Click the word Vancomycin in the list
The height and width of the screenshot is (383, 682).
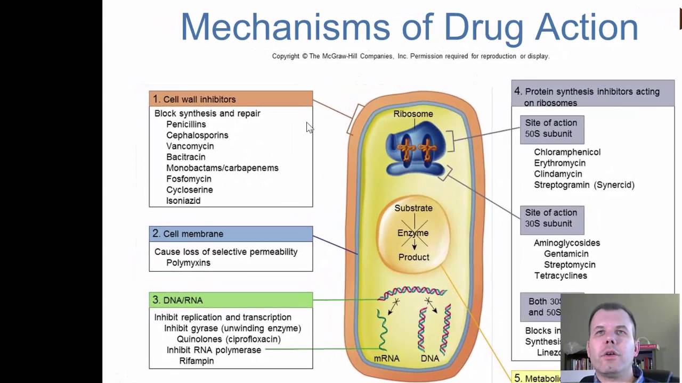190,146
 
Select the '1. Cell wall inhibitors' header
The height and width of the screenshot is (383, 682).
231,99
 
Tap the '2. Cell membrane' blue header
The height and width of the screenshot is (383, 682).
231,234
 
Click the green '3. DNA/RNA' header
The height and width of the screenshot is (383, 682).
231,300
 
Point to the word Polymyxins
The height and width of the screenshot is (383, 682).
188,263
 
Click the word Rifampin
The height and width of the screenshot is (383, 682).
196,361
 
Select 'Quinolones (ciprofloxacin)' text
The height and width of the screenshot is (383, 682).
229,339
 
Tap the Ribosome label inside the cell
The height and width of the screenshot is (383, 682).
413,114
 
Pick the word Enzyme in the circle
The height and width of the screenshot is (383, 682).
413,233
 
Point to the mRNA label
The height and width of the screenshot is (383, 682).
386,359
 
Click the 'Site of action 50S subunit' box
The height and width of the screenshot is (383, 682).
551,129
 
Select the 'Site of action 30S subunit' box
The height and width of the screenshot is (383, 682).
551,219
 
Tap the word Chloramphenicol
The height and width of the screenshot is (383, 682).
567,152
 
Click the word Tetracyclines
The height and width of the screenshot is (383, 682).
561,276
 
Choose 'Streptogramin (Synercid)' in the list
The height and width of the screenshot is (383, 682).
584,185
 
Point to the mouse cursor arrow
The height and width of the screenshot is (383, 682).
309,127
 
